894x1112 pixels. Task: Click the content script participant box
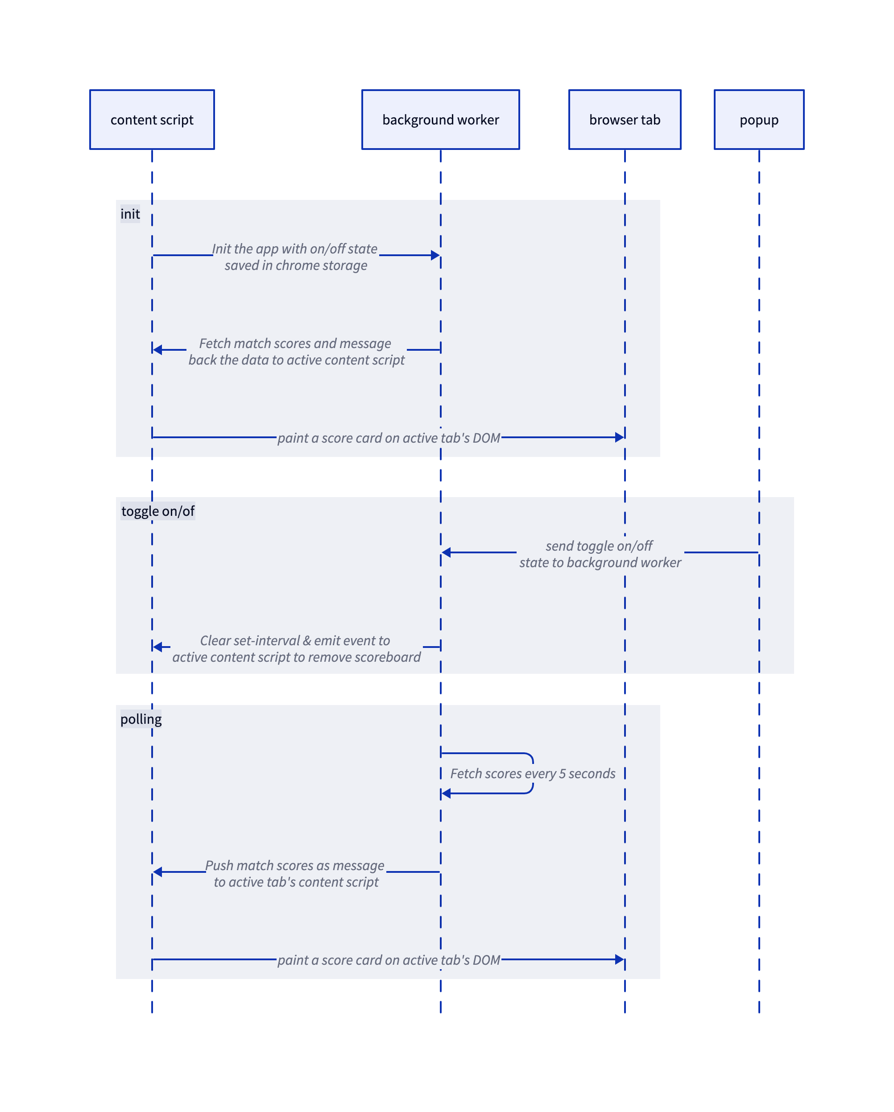click(x=152, y=120)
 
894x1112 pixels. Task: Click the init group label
click(x=130, y=214)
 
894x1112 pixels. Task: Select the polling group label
click(x=141, y=718)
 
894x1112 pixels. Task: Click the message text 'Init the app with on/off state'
click(x=295, y=249)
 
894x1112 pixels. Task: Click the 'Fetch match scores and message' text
click(x=295, y=343)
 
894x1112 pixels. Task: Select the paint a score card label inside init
click(x=388, y=438)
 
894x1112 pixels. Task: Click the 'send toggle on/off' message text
click(x=599, y=546)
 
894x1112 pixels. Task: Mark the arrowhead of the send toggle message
click(x=447, y=552)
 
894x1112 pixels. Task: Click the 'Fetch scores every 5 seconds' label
click(x=532, y=773)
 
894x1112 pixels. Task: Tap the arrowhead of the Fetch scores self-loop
click(x=447, y=793)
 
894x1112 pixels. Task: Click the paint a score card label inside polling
click(x=388, y=960)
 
